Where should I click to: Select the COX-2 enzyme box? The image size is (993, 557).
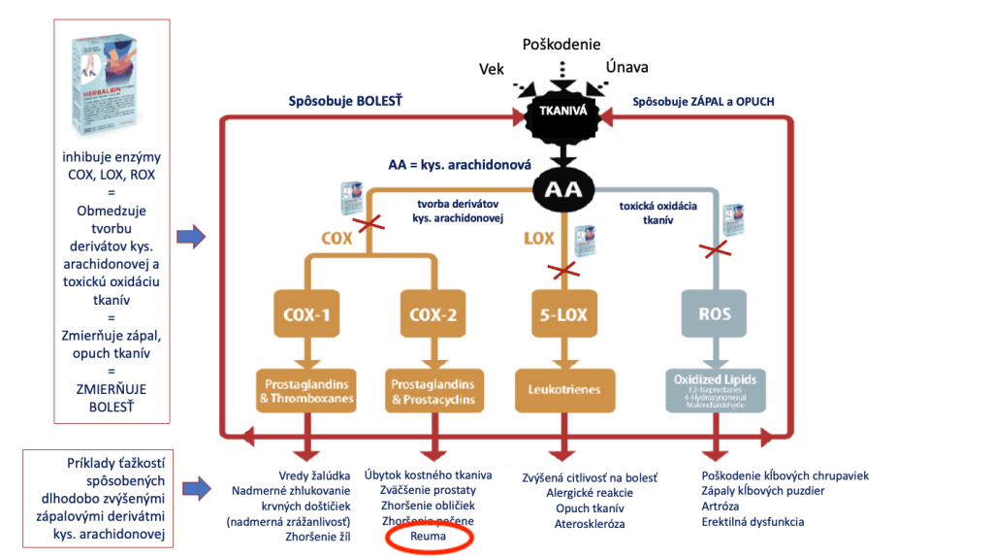432,314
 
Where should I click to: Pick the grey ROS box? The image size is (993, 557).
715,314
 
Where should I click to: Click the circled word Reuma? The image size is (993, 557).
428,536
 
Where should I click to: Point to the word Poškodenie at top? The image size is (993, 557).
561,45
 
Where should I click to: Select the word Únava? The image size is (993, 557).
626,67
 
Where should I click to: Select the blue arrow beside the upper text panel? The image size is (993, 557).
192,235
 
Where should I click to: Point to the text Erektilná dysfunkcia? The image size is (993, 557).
753,522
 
